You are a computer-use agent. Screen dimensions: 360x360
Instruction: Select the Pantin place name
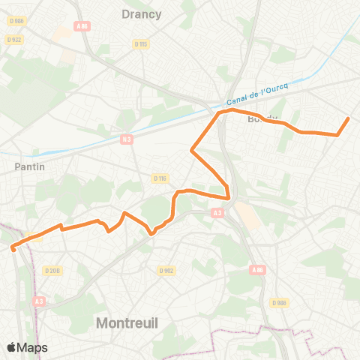(29, 166)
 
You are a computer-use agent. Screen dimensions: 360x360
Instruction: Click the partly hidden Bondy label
(262, 118)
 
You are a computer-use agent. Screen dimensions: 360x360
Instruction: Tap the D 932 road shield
(13, 39)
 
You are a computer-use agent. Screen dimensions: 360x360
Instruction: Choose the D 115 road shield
(140, 44)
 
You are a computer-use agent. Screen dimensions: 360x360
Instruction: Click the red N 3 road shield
(127, 139)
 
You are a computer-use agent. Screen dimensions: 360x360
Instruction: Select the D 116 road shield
(158, 178)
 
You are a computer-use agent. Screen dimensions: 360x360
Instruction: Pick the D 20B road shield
(52, 270)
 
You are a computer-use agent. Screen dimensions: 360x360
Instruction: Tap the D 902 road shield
(166, 270)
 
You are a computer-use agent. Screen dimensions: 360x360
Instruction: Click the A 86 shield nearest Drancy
(82, 25)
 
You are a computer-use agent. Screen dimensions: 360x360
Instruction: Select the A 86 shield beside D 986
(257, 270)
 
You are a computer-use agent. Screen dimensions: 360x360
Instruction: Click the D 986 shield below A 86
(279, 302)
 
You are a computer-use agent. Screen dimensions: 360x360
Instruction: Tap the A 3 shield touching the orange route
(217, 213)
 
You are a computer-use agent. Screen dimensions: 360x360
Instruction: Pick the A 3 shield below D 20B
(39, 301)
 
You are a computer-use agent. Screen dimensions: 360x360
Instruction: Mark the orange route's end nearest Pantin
(13, 250)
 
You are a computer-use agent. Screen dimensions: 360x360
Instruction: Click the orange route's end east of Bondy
(348, 118)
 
